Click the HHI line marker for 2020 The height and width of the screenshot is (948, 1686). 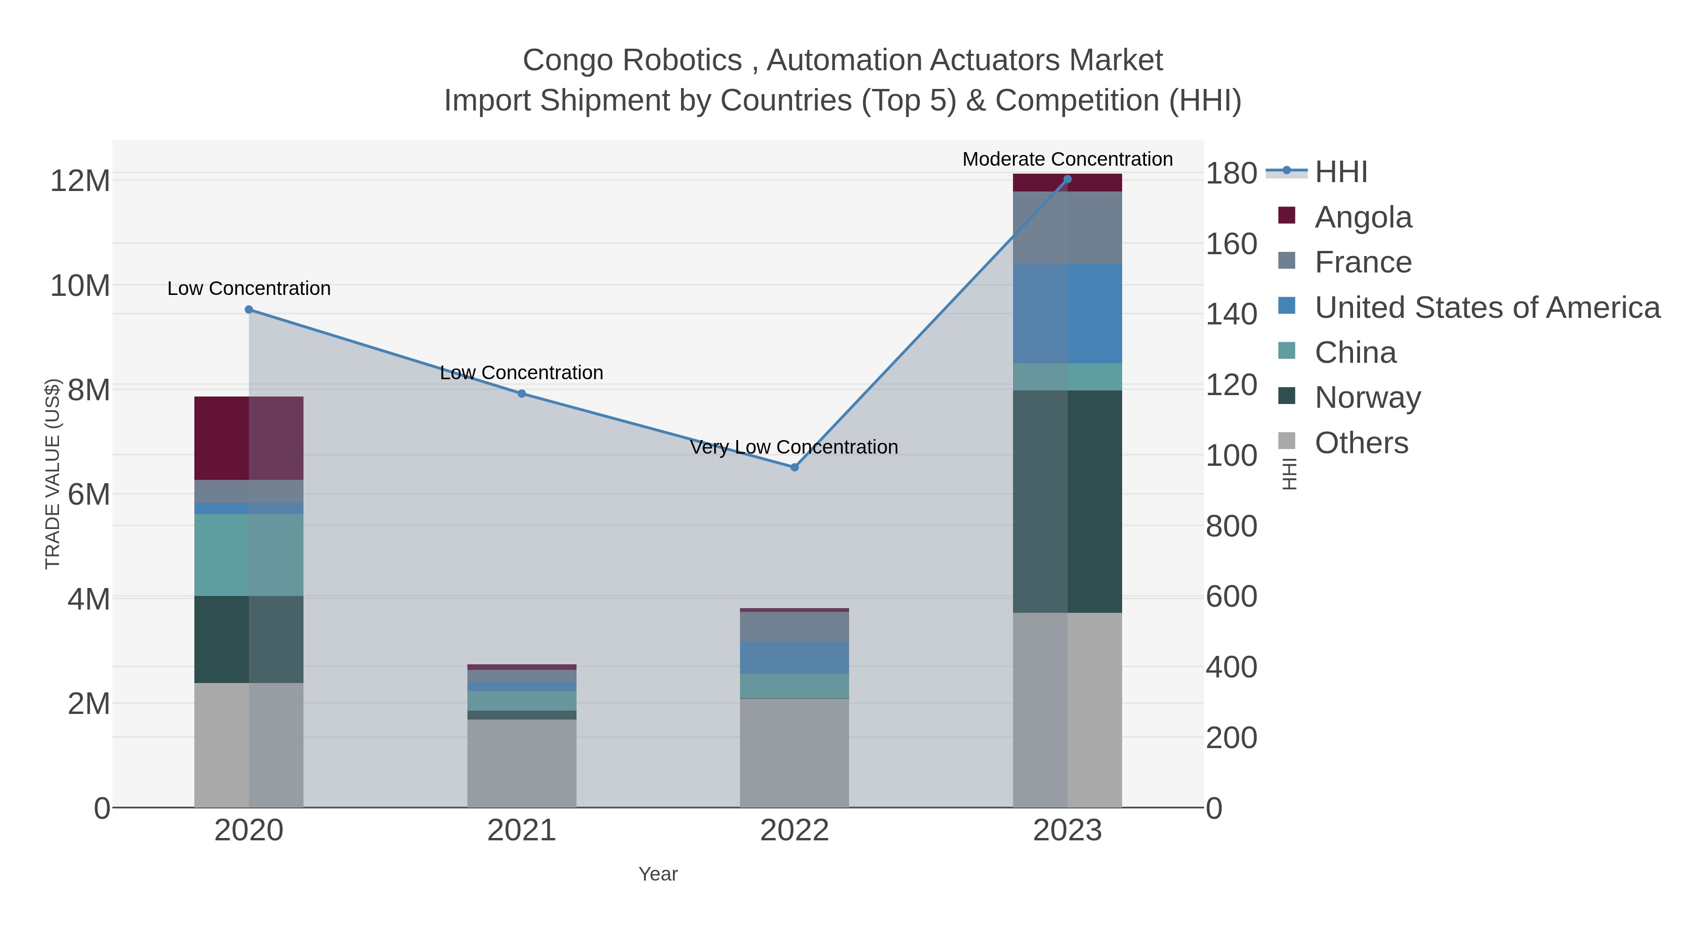pos(249,309)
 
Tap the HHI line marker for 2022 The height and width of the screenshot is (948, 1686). pos(795,467)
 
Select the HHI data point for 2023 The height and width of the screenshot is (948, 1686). pos(1067,179)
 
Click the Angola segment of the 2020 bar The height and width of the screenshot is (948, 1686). pos(249,438)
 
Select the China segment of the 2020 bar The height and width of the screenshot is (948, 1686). pos(249,554)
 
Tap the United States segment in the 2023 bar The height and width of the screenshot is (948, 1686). pos(1067,313)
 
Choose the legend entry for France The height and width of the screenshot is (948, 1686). pos(1363,262)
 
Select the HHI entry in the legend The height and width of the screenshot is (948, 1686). pos(1340,172)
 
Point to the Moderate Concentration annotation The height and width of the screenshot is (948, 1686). pos(1067,159)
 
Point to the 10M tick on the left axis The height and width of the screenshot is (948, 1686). pos(80,286)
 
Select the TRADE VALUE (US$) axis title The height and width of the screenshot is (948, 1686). pos(53,474)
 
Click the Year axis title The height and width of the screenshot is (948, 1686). pos(658,874)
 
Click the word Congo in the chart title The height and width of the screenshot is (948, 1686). pos(566,60)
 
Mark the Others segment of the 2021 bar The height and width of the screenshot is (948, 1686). pos(522,763)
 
